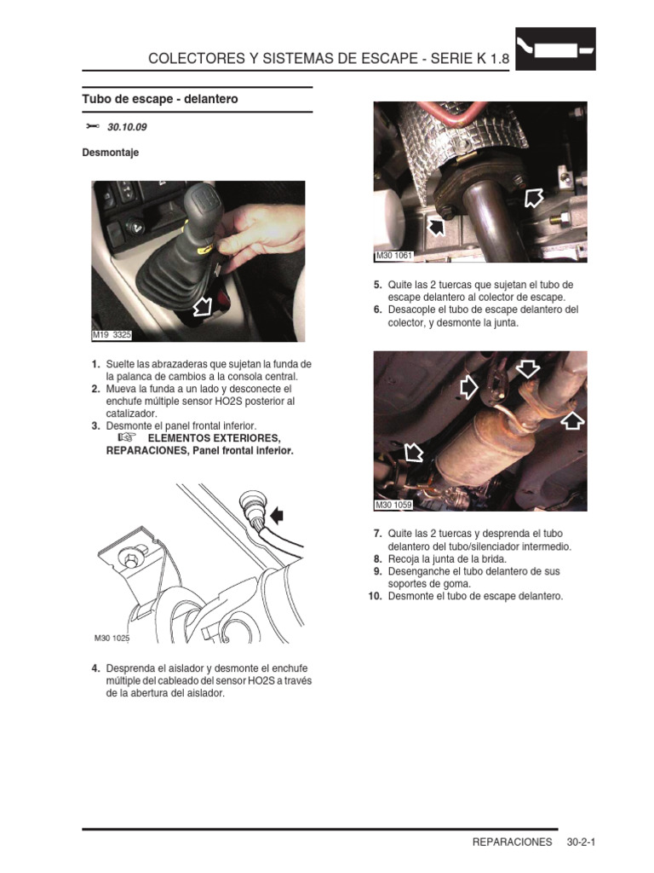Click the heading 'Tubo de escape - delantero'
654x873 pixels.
(159, 100)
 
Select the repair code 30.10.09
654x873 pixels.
(127, 128)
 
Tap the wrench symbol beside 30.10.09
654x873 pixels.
(93, 127)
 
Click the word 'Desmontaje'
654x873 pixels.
(110, 153)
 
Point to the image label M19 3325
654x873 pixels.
(112, 335)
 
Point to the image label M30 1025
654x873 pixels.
(112, 637)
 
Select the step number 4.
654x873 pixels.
(96, 668)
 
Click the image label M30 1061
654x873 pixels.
(393, 257)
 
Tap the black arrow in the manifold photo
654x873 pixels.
(435, 226)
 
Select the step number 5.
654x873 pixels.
(377, 285)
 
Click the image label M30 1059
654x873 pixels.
(393, 505)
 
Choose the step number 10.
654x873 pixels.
(375, 597)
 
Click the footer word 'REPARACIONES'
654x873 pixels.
(512, 842)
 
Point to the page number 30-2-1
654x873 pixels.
(581, 842)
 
